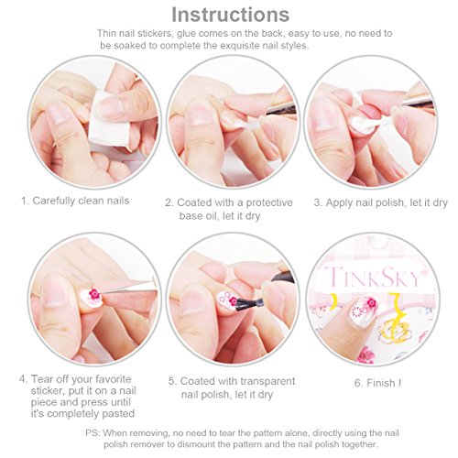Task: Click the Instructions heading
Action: click(231, 15)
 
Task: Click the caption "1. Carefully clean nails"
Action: click(75, 201)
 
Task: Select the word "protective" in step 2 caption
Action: click(269, 202)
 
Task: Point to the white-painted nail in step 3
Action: click(362, 125)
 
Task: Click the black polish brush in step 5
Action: click(246, 302)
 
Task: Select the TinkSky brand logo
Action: click(376, 277)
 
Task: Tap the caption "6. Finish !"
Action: click(377, 383)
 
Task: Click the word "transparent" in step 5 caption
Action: click(267, 381)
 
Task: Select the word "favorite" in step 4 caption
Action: click(114, 379)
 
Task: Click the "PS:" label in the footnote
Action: click(93, 433)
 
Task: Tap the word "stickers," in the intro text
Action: click(155, 33)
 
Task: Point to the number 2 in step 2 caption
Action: click(168, 202)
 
